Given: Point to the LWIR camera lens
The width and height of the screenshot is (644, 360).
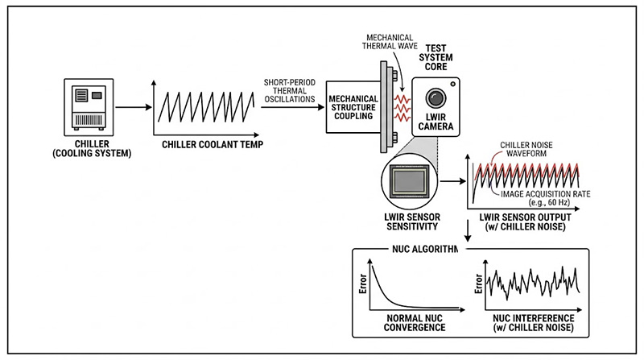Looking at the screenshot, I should pos(436,98).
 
